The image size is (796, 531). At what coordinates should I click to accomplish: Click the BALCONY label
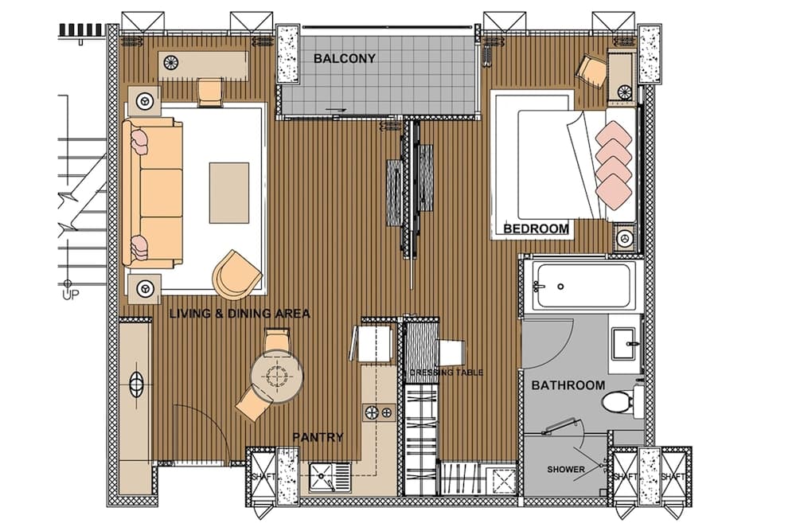pyautogui.click(x=344, y=58)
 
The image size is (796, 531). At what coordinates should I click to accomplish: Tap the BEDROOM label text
pyautogui.click(x=537, y=229)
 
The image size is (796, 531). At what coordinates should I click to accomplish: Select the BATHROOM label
pyautogui.click(x=568, y=385)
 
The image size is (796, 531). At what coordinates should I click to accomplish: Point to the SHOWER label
pyautogui.click(x=565, y=470)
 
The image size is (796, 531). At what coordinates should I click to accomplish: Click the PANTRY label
pyautogui.click(x=318, y=437)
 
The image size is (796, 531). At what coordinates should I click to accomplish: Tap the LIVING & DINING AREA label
pyautogui.click(x=240, y=314)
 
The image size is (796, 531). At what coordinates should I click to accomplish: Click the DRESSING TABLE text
pyautogui.click(x=446, y=372)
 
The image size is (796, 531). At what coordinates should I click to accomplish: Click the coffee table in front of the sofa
pyautogui.click(x=228, y=192)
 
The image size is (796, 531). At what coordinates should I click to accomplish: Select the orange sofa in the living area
pyautogui.click(x=153, y=192)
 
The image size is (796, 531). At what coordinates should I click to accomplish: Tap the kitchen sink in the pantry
pyautogui.click(x=325, y=478)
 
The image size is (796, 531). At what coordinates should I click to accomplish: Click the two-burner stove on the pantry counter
pyautogui.click(x=379, y=412)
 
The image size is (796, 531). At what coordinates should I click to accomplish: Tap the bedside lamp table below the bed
pyautogui.click(x=624, y=238)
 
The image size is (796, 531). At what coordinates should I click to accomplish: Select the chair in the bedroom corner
pyautogui.click(x=591, y=70)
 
